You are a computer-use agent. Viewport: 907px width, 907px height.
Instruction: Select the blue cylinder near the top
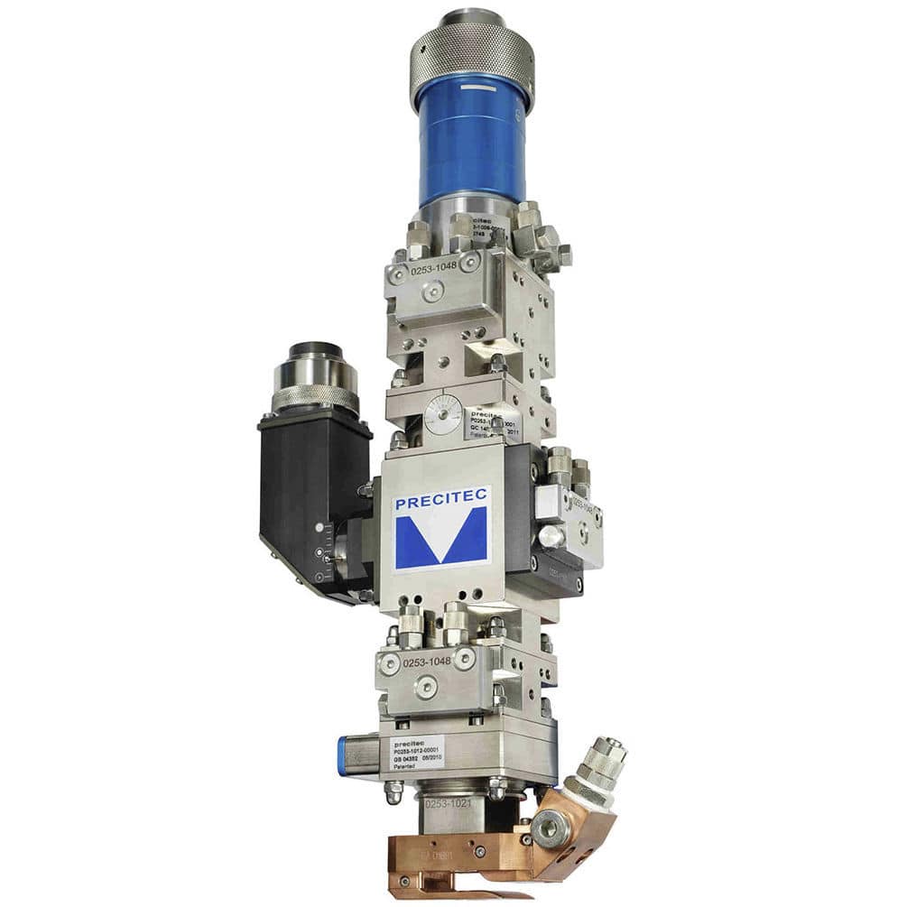tap(471, 140)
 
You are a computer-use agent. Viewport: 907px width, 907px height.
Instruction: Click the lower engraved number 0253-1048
tap(427, 662)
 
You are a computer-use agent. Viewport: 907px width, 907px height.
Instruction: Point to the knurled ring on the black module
tap(314, 396)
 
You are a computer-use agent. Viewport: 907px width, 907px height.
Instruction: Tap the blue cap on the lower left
tap(344, 754)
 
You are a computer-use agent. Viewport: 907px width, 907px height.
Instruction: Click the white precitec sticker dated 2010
tap(416, 753)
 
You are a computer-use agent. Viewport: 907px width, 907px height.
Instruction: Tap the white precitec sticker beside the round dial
tap(493, 421)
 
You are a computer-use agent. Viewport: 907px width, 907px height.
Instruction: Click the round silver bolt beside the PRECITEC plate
tap(551, 536)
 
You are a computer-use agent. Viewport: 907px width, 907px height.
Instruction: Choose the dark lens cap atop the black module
tap(315, 350)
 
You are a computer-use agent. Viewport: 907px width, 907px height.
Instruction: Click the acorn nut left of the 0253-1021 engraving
tap(393, 792)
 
